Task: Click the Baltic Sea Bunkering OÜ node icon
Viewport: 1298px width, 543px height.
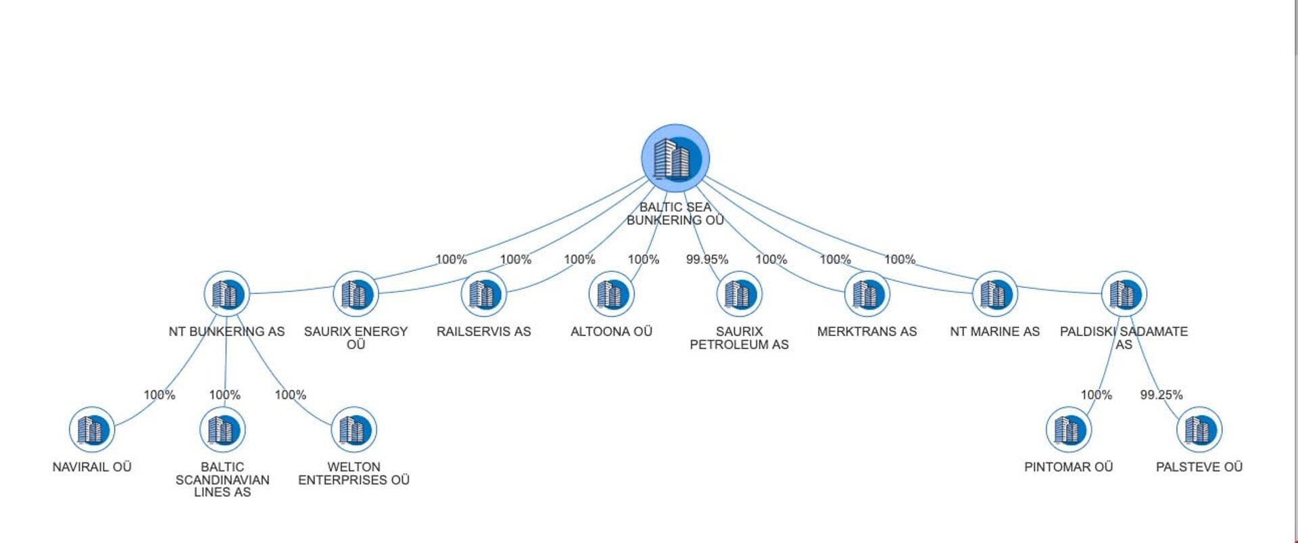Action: click(675, 158)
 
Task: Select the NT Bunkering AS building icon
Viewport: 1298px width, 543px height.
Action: click(227, 294)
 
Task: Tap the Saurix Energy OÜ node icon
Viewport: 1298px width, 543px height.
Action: click(356, 294)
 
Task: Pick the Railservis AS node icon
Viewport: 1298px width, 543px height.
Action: click(483, 294)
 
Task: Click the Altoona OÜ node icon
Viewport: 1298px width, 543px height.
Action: click(611, 294)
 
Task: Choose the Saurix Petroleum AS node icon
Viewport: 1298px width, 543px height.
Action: click(739, 294)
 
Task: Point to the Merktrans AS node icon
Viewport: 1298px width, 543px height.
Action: click(867, 294)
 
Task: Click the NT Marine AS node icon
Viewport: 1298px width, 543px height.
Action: click(994, 294)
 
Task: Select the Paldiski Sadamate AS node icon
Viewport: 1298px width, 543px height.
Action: click(1124, 294)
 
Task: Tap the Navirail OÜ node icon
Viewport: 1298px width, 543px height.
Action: click(92, 429)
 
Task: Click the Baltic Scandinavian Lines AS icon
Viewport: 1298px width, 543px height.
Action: click(222, 429)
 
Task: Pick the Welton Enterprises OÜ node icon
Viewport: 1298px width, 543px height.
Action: click(354, 429)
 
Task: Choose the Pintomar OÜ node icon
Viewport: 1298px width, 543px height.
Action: click(1068, 429)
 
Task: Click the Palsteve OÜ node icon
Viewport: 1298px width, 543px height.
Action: click(1199, 429)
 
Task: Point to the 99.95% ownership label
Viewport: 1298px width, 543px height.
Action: click(707, 260)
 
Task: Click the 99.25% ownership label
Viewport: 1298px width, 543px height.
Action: click(1161, 395)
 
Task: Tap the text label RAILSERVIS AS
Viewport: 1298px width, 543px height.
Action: click(483, 331)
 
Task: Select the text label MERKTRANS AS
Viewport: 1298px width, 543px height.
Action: click(867, 331)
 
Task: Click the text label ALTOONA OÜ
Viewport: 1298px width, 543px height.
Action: click(611, 331)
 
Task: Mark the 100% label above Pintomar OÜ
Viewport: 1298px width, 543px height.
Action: click(1096, 395)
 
